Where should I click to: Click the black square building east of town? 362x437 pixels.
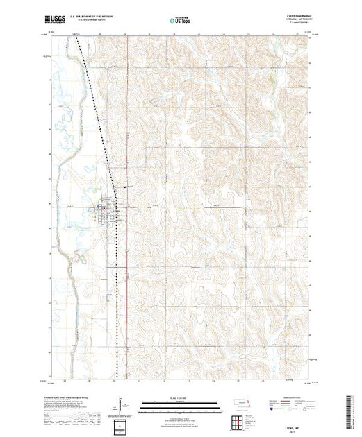pos(124,186)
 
